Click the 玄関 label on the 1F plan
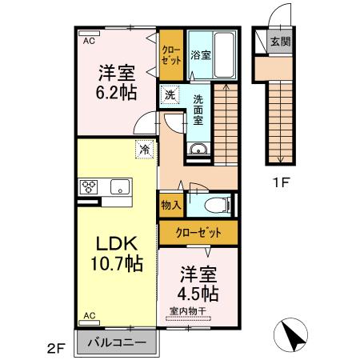tap(279, 42)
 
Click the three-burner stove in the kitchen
tap(88, 188)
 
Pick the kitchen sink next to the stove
tap(120, 188)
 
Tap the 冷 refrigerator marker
tap(145, 148)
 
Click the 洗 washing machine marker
tap(170, 95)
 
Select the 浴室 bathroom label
tap(200, 55)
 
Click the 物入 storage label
tap(170, 205)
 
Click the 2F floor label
tap(54, 346)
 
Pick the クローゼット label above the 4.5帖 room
tap(198, 233)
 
